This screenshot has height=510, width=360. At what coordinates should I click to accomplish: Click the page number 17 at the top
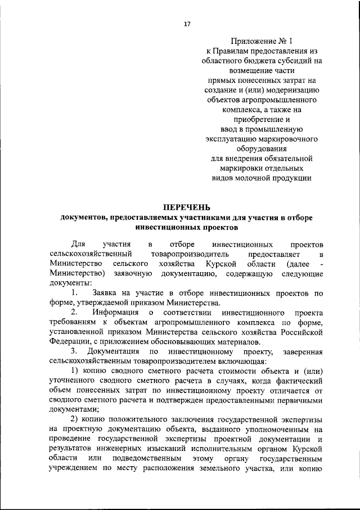(x=187, y=24)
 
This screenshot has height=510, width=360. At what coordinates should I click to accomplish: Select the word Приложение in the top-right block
(x=253, y=41)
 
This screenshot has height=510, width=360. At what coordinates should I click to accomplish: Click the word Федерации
(x=69, y=342)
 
